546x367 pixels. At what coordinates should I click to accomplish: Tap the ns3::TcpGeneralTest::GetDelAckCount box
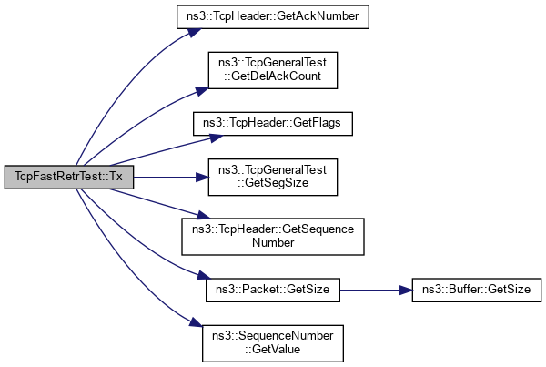(273, 70)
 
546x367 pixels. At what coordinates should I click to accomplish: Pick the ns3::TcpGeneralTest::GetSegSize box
(273, 177)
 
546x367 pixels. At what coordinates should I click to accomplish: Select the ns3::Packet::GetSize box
(273, 290)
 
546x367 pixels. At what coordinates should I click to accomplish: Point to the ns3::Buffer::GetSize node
(477, 290)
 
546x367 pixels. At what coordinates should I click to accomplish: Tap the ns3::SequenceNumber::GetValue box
(273, 342)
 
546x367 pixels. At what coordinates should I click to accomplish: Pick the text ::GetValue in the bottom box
(273, 349)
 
